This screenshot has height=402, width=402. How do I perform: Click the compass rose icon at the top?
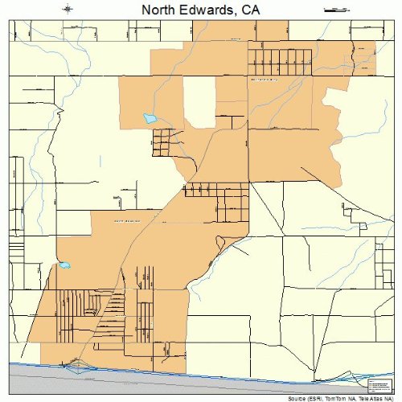coord(71,10)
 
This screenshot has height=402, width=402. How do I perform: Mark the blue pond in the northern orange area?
coord(150,118)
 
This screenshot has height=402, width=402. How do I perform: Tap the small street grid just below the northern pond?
coord(166,142)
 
